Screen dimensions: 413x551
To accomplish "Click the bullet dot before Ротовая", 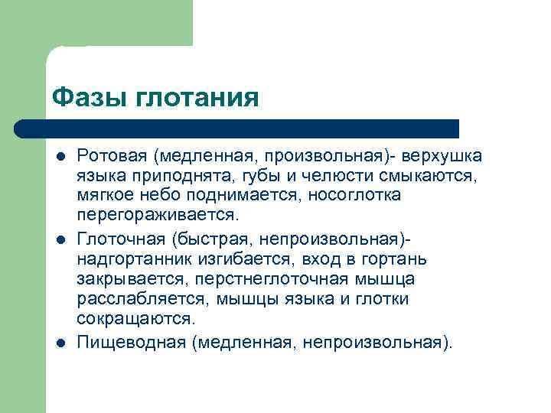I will click(60, 158).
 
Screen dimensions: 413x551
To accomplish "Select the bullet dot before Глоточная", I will click(60, 239).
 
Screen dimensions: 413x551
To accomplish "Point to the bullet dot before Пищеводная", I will click(60, 341).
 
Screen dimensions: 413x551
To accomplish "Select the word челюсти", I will click(325, 176).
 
